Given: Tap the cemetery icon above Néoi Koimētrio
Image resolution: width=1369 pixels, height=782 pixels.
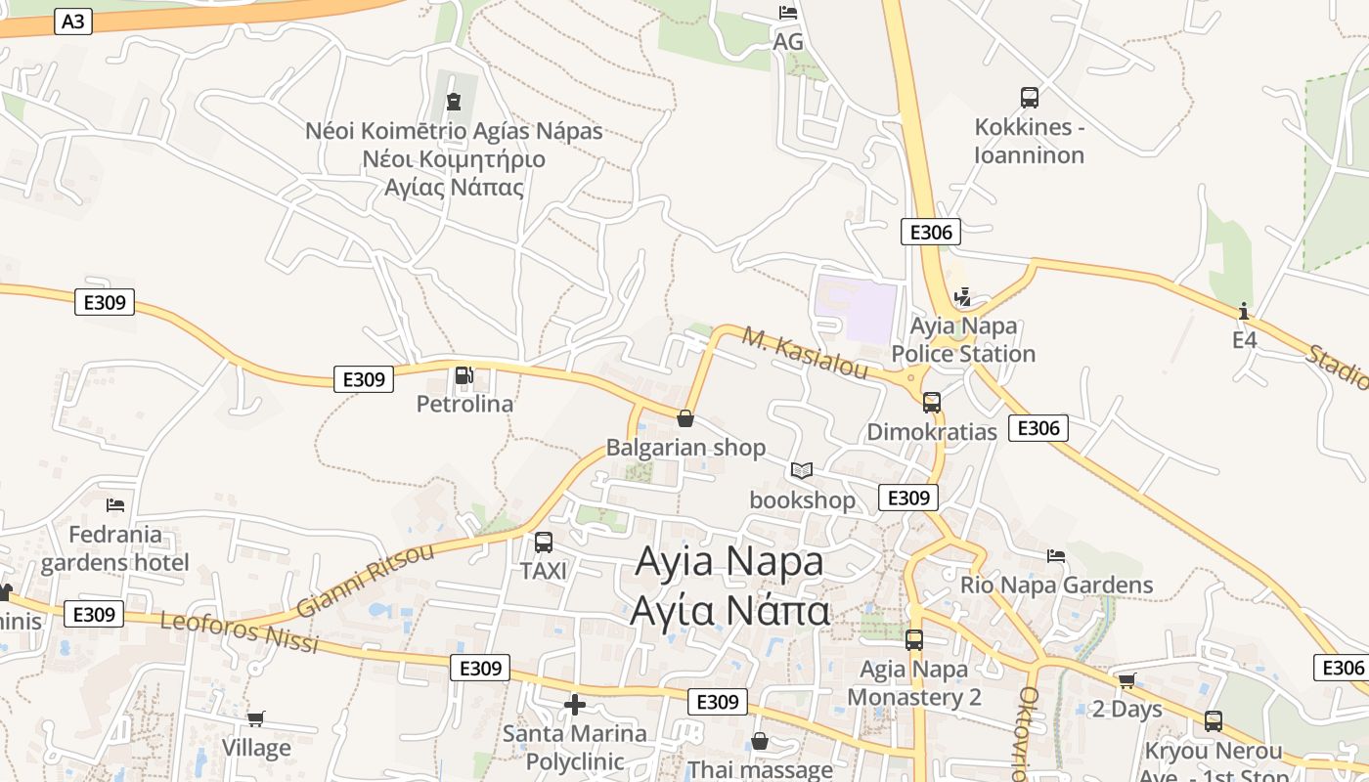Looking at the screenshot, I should (453, 101).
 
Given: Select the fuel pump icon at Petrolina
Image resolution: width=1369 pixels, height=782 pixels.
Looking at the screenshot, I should (464, 375).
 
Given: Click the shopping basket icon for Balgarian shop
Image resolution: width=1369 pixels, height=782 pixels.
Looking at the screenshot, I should (685, 418).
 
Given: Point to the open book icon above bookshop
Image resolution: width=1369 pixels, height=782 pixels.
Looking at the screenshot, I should (802, 471).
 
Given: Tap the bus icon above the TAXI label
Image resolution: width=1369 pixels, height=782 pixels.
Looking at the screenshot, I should (544, 542).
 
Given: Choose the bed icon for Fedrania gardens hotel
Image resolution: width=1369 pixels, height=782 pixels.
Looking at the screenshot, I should (115, 505).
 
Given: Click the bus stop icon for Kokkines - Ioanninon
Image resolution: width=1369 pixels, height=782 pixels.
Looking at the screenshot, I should (1029, 98).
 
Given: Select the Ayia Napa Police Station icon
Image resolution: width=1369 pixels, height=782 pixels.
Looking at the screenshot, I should (962, 297).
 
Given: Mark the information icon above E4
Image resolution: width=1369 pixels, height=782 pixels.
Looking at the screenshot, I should (1244, 311).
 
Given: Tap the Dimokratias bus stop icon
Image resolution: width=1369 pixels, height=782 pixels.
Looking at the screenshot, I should (931, 402).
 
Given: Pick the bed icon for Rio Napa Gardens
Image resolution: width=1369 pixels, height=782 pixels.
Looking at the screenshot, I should (1056, 556).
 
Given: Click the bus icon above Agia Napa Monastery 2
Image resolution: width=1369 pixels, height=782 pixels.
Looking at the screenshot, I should (914, 640).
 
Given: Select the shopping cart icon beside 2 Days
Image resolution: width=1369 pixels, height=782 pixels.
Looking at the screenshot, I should (1126, 680).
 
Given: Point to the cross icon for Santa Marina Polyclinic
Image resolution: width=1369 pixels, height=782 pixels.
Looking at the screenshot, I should (575, 704).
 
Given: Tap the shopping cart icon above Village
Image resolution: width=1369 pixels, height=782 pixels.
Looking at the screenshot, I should (256, 719).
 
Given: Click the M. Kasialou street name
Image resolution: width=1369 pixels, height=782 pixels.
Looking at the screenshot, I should (805, 353).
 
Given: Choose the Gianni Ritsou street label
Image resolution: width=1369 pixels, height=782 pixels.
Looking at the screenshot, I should (365, 580).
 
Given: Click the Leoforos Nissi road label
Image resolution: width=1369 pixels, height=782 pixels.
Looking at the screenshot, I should (239, 632).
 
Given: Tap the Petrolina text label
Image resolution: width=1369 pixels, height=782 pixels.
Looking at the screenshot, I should (464, 404).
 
